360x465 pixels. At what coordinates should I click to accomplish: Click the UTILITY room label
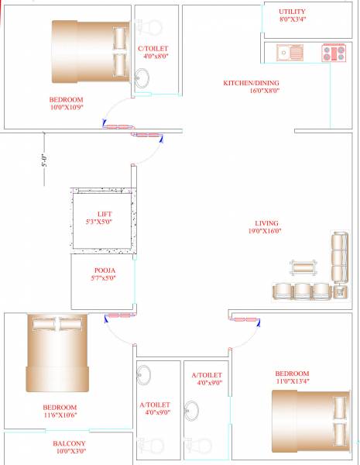[x=293, y=12]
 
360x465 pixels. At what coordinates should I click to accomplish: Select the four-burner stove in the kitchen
[x=334, y=53]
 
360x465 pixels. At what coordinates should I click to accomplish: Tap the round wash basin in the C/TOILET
[x=142, y=77]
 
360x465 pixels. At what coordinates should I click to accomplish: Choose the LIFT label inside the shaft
[x=105, y=214]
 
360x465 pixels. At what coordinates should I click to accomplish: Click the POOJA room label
[x=104, y=270]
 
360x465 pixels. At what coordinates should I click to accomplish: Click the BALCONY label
[x=70, y=443]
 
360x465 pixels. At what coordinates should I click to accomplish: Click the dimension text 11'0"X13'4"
[x=293, y=381]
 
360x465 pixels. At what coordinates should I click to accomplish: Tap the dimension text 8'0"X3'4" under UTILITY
[x=293, y=20]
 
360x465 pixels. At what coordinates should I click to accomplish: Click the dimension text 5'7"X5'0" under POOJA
[x=104, y=278]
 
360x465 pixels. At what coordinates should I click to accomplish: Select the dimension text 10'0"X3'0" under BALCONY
[x=70, y=451]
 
